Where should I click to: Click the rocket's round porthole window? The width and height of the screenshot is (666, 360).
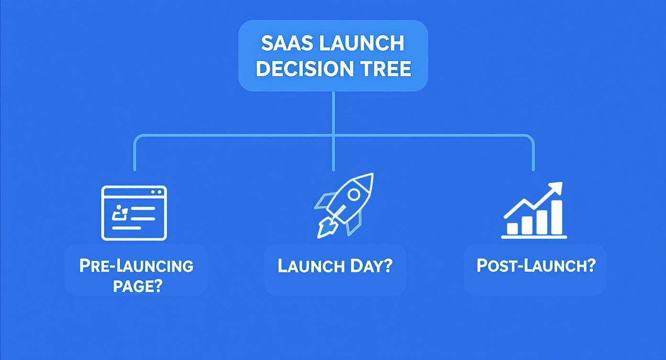354,194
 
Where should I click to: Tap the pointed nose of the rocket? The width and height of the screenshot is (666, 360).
370,177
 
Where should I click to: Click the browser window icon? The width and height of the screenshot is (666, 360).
134,213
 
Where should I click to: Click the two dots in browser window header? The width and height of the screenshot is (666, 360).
156,192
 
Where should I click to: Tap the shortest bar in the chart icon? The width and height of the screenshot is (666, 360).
512,228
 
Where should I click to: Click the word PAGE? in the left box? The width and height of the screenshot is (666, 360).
138,286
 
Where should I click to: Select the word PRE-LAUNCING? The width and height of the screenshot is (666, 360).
136,266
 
